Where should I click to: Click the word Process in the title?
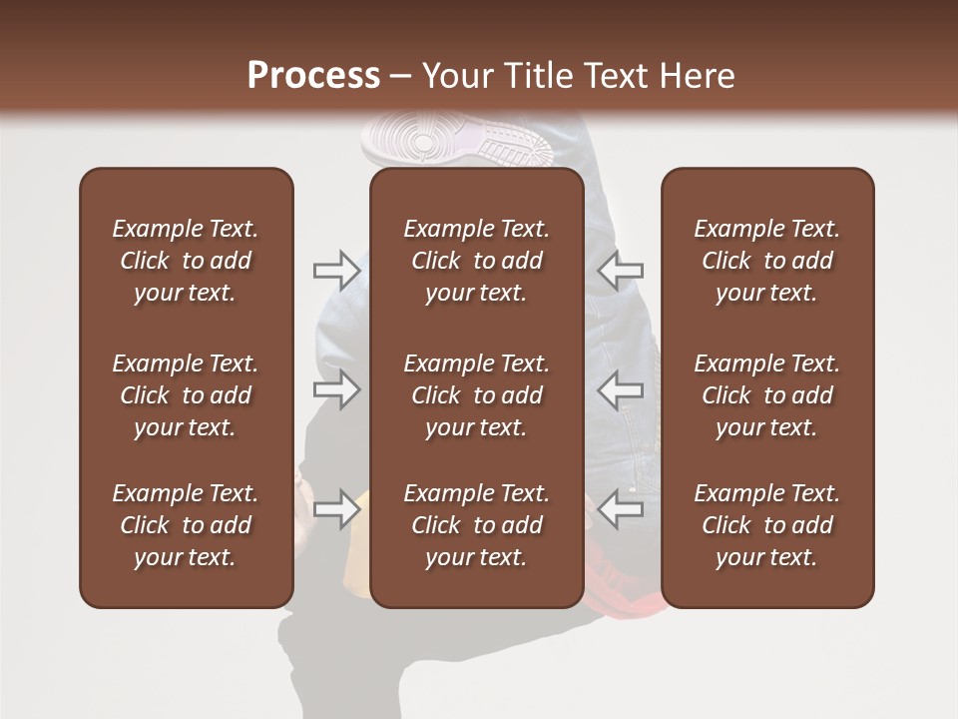(313, 76)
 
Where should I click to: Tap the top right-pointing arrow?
(337, 270)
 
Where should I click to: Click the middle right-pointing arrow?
(337, 389)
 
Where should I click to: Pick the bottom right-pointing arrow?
(337, 509)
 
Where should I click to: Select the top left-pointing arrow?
(621, 270)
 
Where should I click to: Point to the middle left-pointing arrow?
(621, 389)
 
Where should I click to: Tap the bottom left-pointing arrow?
(621, 509)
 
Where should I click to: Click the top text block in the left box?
(186, 261)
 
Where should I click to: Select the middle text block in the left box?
(186, 395)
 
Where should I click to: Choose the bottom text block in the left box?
(186, 525)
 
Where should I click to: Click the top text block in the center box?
(476, 261)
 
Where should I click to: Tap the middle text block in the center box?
(476, 395)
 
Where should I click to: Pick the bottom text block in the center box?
(476, 525)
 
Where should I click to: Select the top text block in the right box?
(766, 261)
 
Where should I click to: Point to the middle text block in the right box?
(766, 395)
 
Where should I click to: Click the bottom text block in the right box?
(766, 525)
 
